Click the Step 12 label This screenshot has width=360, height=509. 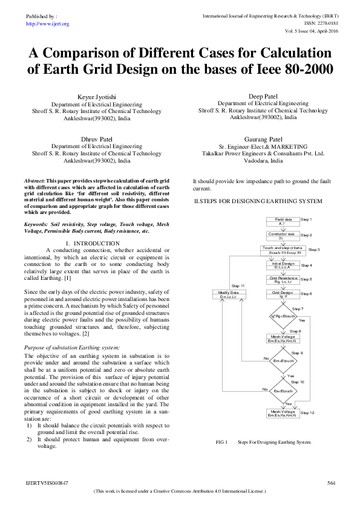(x=309, y=413)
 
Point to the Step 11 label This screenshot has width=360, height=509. (x=238, y=285)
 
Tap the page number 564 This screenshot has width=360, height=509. (x=331, y=483)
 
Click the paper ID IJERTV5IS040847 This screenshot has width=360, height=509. (x=47, y=483)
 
